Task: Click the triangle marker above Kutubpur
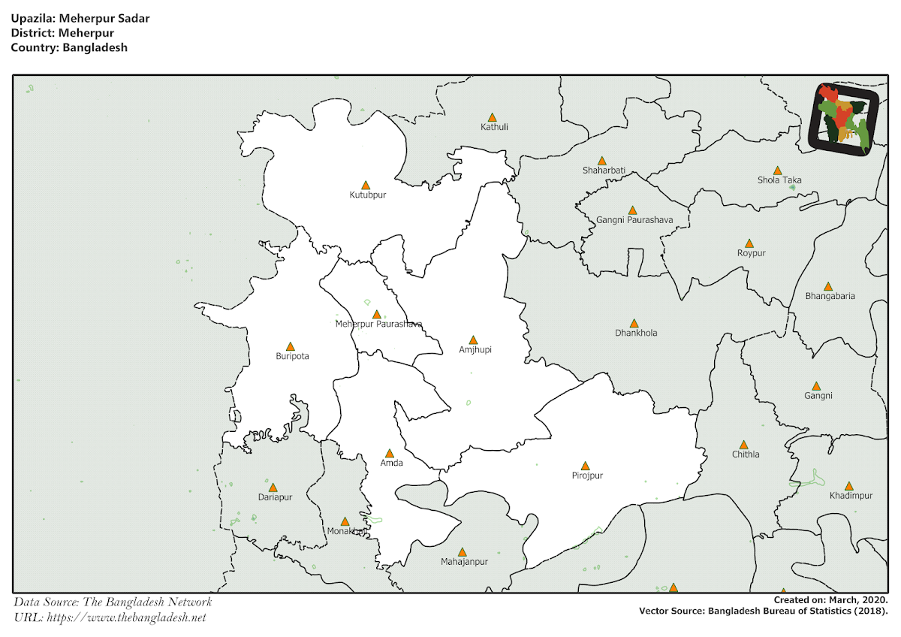point(366,185)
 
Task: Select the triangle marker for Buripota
point(291,346)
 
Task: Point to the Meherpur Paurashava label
point(378,325)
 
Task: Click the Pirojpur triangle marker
point(585,466)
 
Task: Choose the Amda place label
point(391,463)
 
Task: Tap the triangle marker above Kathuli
point(493,117)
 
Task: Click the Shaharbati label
point(604,171)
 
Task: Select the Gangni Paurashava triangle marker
point(632,210)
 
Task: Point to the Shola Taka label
point(779,180)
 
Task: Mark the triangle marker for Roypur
point(749,243)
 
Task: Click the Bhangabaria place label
point(830,296)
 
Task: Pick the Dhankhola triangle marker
point(634,322)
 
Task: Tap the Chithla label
point(746,454)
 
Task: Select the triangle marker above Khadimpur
point(848,486)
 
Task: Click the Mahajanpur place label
point(464,562)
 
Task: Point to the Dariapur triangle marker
point(273,488)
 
